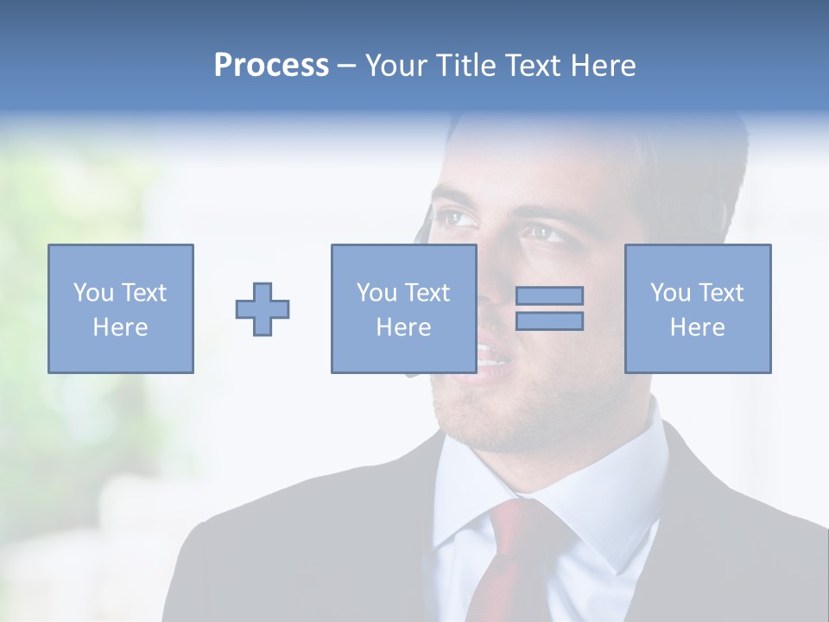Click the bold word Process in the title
click(x=271, y=66)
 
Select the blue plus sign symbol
click(x=263, y=309)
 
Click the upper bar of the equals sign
click(x=549, y=295)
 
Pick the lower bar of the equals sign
click(x=549, y=321)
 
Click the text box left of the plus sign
click(x=121, y=308)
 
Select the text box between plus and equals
click(x=403, y=308)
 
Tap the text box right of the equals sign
click(x=698, y=308)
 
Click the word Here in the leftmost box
click(x=121, y=327)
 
